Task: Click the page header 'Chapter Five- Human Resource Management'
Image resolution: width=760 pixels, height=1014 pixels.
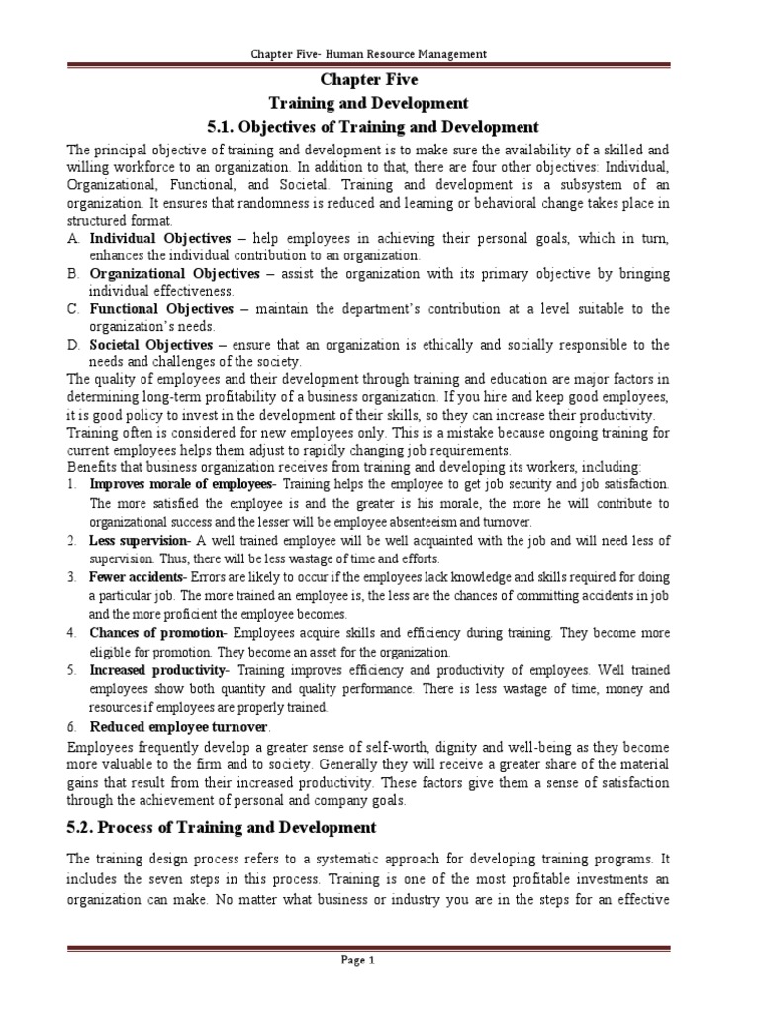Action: tap(381, 54)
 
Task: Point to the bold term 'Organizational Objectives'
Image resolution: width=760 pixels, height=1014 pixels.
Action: tap(175, 272)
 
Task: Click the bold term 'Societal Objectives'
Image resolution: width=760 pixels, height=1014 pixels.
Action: tap(151, 344)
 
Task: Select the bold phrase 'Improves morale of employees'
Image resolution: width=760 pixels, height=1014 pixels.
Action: tap(180, 483)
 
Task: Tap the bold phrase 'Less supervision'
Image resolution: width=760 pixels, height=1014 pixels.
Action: tap(139, 540)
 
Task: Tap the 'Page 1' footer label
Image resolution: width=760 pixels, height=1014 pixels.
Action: tap(380, 960)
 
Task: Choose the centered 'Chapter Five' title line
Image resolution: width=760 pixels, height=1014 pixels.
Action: tap(380, 79)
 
